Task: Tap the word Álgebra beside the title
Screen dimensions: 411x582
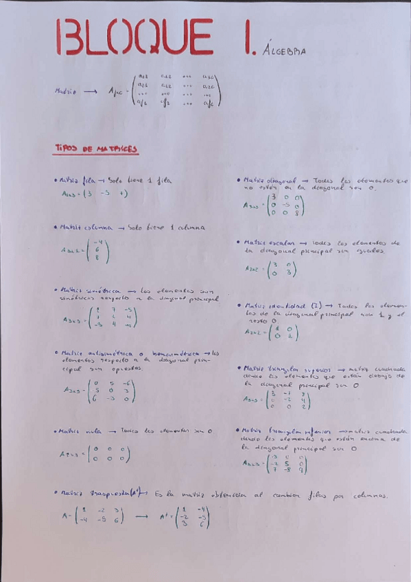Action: coord(283,50)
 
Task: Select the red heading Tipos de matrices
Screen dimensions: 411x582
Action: coord(96,148)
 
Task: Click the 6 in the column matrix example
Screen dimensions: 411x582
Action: coord(97,249)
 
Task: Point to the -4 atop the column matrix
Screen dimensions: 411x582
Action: coord(97,241)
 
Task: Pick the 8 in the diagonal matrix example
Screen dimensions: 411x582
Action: coord(296,213)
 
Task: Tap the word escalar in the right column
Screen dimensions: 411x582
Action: coord(283,242)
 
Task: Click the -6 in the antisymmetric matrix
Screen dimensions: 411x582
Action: coord(126,383)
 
